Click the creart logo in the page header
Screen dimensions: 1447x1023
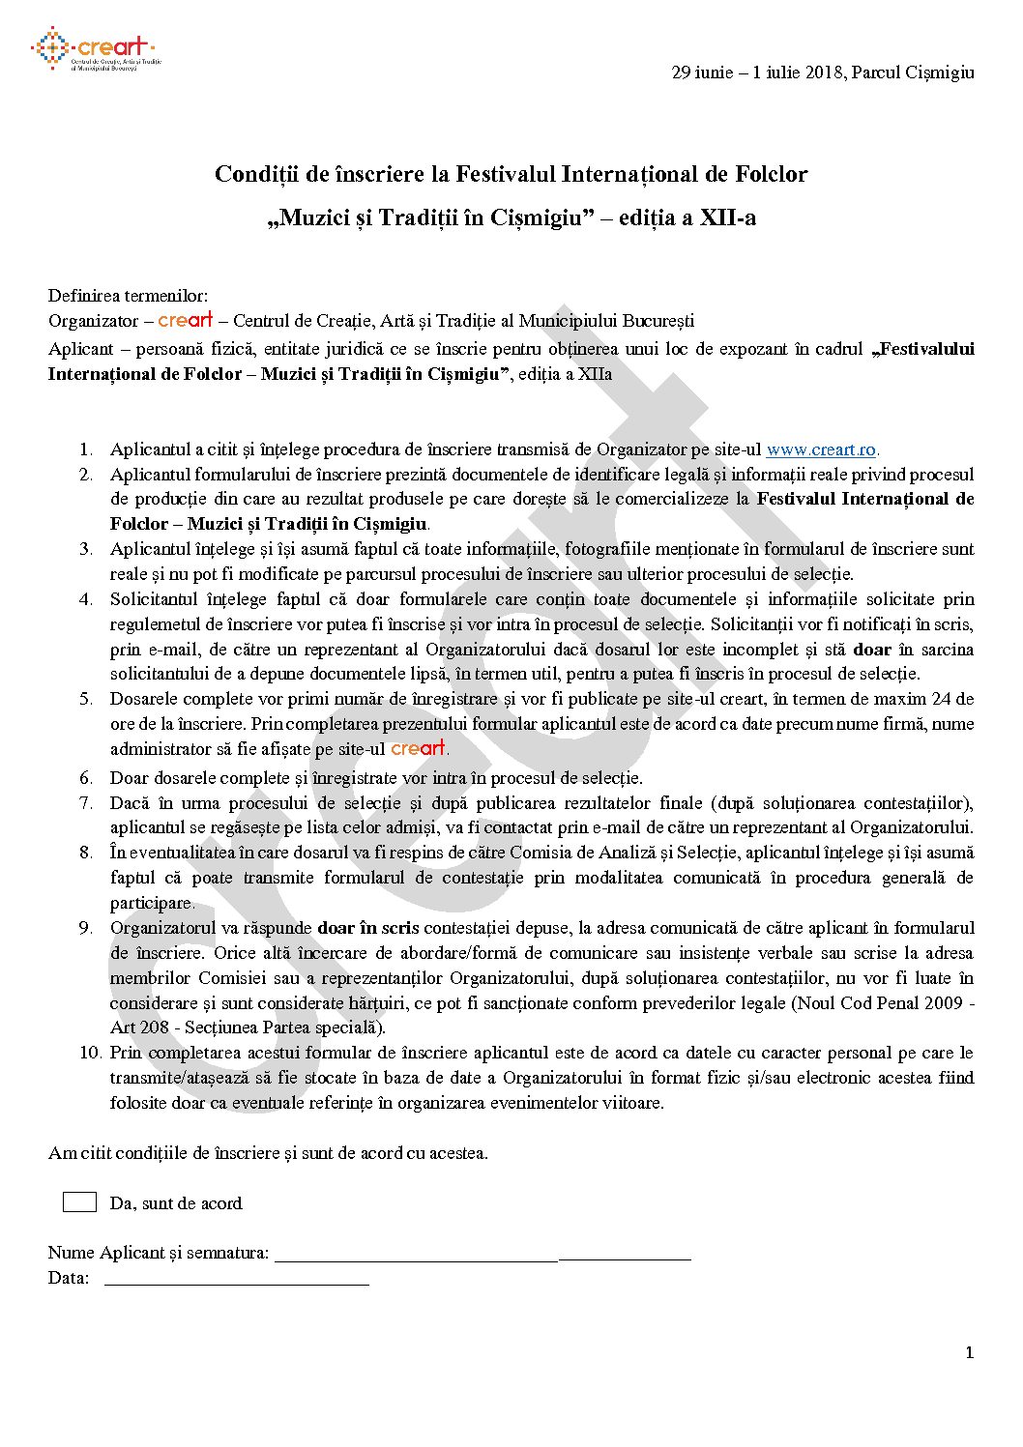click(x=95, y=49)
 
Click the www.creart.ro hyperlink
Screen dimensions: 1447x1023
click(x=821, y=449)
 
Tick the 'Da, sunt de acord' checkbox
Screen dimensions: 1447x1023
click(x=79, y=1201)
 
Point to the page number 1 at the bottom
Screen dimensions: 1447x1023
click(x=969, y=1352)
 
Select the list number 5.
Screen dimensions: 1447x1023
click(x=86, y=699)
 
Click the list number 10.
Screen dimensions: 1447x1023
click(x=90, y=1053)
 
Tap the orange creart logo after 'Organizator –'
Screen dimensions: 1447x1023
click(x=185, y=320)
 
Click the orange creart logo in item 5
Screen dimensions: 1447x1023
click(x=418, y=748)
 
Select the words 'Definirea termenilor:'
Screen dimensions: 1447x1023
click(x=128, y=296)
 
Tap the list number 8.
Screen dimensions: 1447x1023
click(x=86, y=853)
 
